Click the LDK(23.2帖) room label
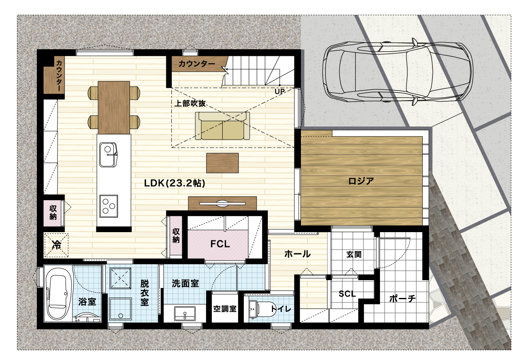point(175,183)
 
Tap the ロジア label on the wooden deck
point(361,181)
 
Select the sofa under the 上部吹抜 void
point(222,126)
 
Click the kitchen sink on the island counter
point(108,155)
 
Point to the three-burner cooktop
point(108,206)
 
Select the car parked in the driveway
point(398,72)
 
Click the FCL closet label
point(220,244)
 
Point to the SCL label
point(347,294)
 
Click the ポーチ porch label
point(402,299)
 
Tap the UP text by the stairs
point(280,91)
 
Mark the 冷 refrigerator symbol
point(56,245)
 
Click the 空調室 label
point(225,309)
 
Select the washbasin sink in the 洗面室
point(185,313)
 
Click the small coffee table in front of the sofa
point(222,163)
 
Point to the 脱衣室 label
point(144,293)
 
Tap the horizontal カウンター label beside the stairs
point(197,63)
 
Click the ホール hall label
point(297,254)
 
